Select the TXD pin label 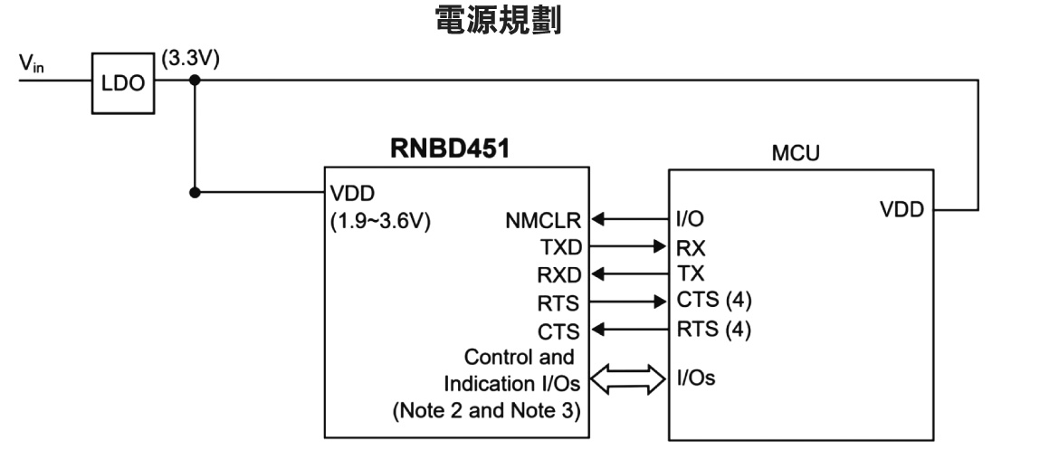(561, 245)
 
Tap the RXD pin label (560, 273)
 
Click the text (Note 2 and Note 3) (486, 410)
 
